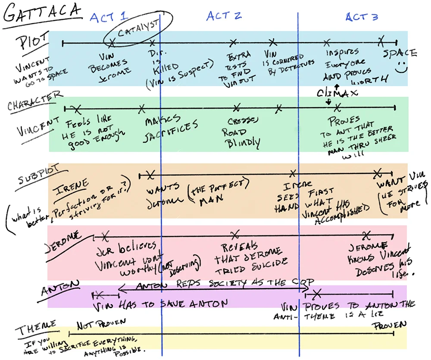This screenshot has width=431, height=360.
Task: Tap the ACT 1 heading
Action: [109, 17]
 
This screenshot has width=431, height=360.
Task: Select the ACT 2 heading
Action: [224, 16]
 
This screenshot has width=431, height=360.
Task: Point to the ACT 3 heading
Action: [362, 17]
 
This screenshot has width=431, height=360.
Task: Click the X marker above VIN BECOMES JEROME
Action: [112, 43]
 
